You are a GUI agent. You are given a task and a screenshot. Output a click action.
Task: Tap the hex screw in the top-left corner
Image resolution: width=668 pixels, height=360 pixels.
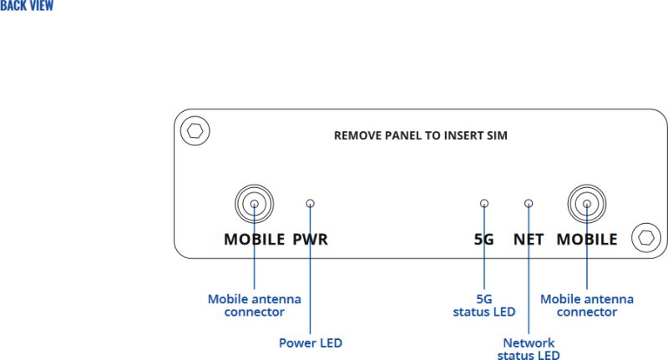[x=195, y=130]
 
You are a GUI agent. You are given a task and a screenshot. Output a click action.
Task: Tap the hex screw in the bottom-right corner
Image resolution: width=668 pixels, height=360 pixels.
[x=645, y=237]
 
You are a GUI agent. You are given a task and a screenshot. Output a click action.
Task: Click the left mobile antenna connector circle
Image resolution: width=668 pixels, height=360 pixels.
[x=254, y=203]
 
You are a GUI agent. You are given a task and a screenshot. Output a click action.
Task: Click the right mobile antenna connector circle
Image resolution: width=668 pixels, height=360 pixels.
[x=587, y=203]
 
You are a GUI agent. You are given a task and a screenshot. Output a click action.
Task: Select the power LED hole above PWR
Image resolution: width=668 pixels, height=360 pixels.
[x=310, y=203]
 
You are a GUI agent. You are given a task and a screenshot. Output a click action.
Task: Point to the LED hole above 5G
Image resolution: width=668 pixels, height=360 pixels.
[x=484, y=203]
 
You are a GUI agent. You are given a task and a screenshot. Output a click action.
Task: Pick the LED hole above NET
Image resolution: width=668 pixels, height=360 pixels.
[x=529, y=203]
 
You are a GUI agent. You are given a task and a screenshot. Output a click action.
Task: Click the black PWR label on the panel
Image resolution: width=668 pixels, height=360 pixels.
[x=310, y=240]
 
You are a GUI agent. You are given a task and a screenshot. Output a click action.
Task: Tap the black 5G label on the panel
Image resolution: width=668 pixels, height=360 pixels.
[x=484, y=240]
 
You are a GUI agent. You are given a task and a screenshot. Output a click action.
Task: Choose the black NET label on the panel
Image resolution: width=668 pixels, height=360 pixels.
[x=529, y=240]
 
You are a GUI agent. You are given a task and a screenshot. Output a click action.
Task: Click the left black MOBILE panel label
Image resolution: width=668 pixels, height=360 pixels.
[x=255, y=240]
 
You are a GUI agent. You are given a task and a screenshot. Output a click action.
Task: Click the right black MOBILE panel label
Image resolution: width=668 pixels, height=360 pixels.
[x=587, y=240]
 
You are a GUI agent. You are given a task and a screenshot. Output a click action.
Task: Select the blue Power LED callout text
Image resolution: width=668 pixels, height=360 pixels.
[x=310, y=342]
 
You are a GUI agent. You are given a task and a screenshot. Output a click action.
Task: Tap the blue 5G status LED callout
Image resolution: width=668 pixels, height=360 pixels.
[x=484, y=306]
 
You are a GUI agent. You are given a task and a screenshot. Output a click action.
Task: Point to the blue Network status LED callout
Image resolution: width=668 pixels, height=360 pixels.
[x=529, y=349]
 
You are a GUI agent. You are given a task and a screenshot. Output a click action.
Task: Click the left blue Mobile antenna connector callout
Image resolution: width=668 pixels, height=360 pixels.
[x=255, y=306]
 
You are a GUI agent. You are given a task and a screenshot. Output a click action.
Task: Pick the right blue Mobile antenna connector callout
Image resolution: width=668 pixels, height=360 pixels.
[x=587, y=306]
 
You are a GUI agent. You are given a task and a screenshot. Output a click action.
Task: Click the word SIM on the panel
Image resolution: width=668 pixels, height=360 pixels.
[x=496, y=134]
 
